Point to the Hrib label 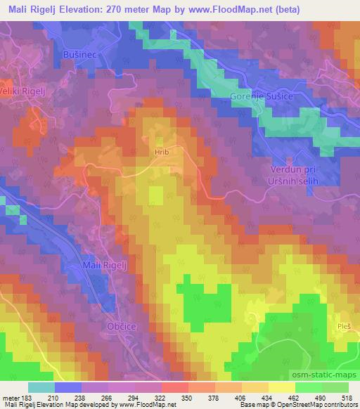tap(162, 150)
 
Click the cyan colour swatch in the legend tap(41, 387)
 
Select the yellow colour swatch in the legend tap(282, 387)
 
